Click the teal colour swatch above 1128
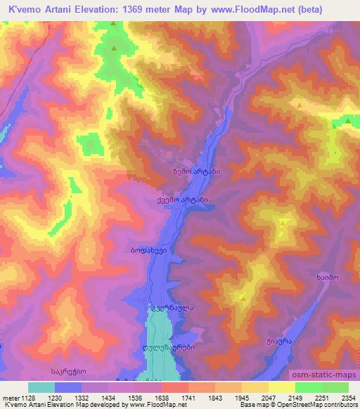pos(41,387)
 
